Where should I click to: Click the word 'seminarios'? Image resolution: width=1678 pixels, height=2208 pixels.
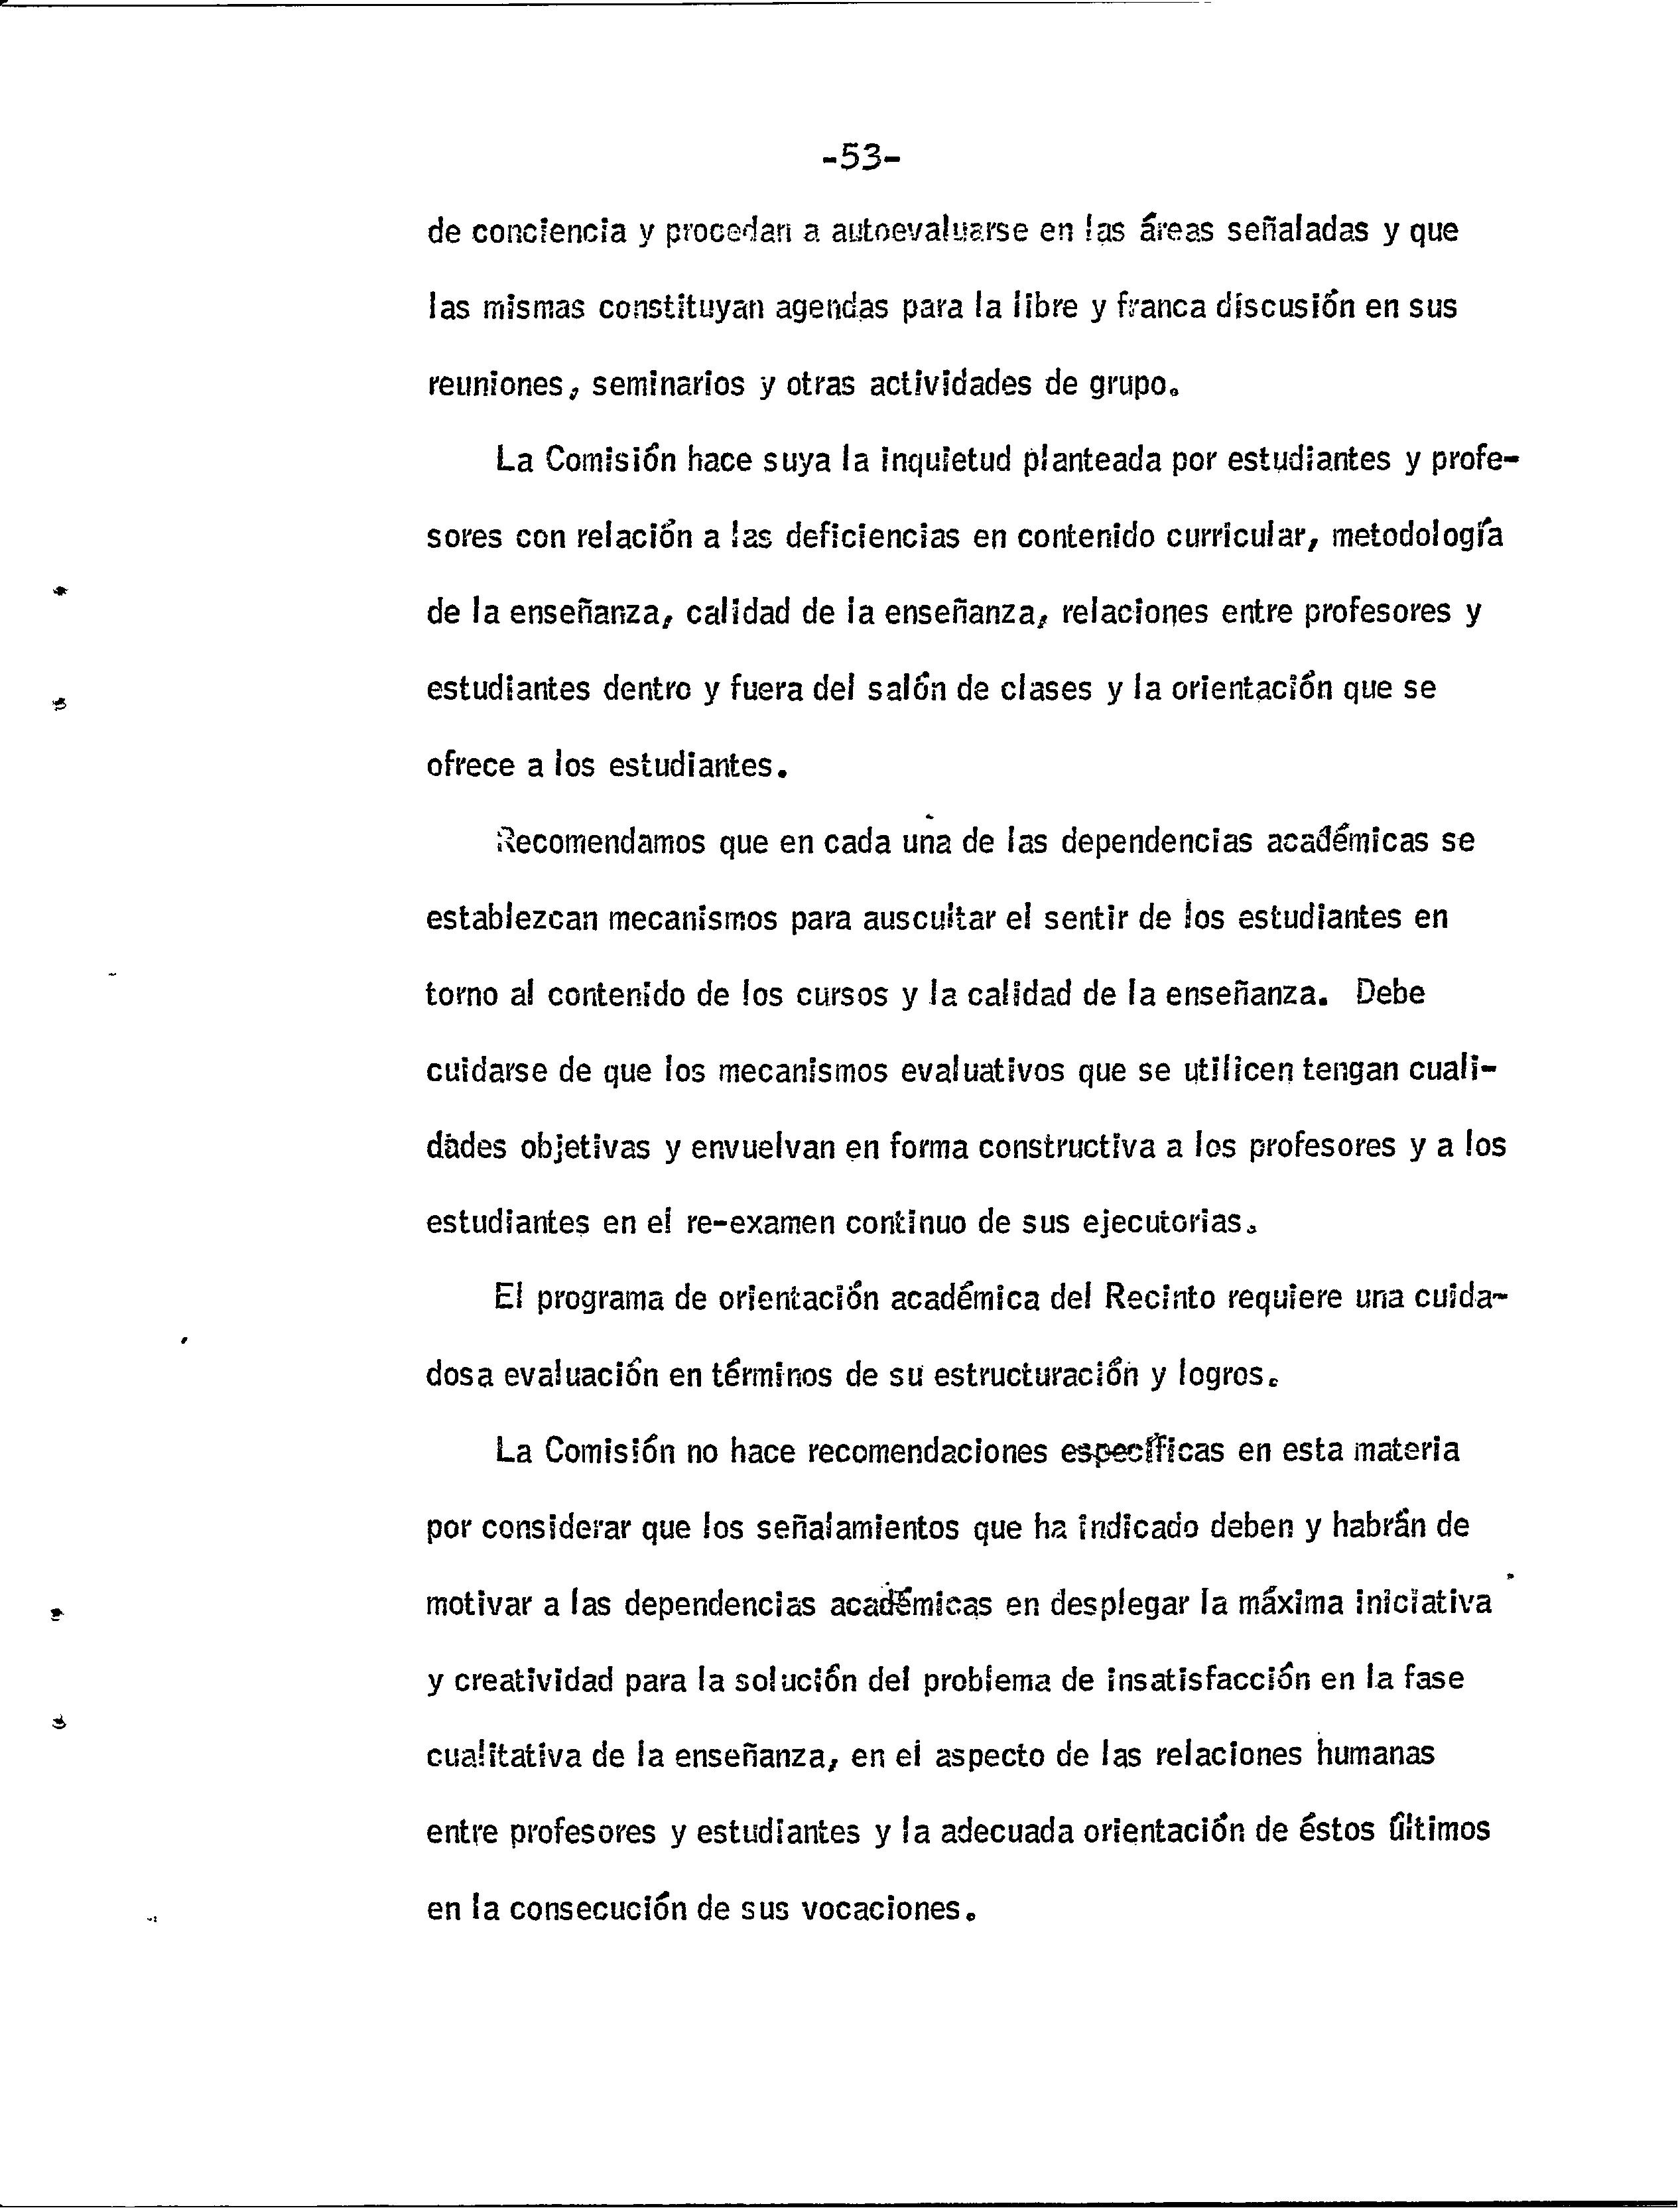[x=668, y=385]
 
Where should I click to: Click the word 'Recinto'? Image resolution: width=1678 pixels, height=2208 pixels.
[x=1159, y=1300]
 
